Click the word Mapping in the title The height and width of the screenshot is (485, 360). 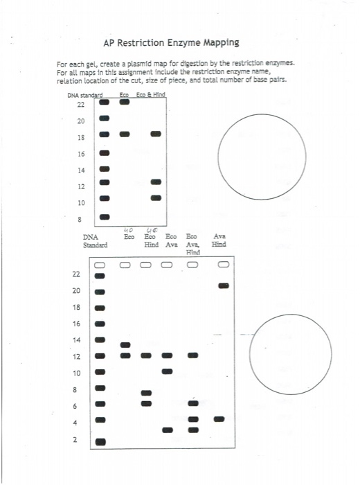[x=217, y=43]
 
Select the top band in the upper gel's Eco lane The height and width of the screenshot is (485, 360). [x=125, y=102]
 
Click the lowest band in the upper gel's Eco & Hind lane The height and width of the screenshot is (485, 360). [x=156, y=197]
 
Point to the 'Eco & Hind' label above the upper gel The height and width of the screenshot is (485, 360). [x=152, y=94]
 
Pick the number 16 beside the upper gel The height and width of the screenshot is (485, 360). [x=81, y=153]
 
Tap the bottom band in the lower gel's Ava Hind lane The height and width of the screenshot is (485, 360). [x=219, y=418]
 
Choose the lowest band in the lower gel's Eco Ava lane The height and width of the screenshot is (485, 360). [x=167, y=430]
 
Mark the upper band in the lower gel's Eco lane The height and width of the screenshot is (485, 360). [x=125, y=345]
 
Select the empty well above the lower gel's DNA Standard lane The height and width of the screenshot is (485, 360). [x=100, y=265]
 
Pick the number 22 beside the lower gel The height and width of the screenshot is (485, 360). [x=76, y=274]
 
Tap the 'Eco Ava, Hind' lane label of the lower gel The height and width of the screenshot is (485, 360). [x=192, y=245]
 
